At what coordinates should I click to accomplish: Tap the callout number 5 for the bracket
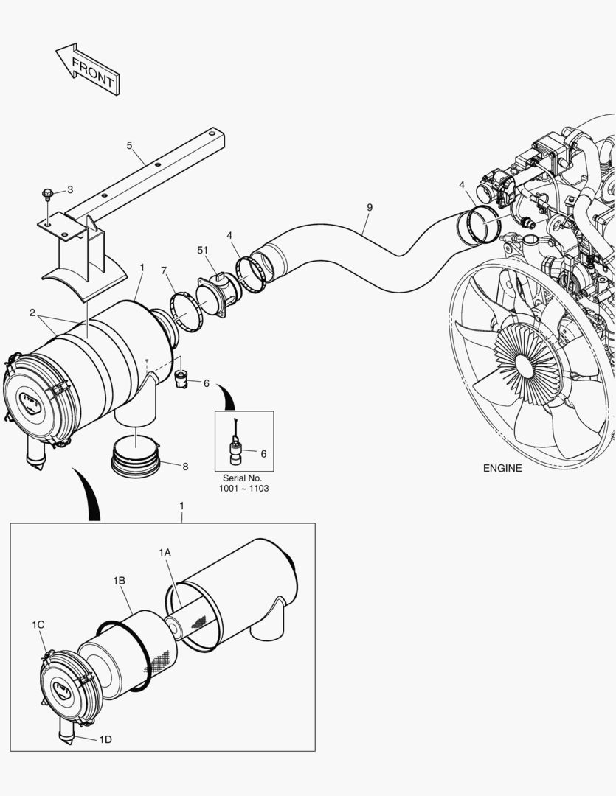point(129,145)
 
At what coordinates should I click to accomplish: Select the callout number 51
point(202,251)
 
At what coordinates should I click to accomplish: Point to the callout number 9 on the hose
point(369,208)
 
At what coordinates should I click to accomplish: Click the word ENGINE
point(502,468)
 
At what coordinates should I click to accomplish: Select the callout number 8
point(184,466)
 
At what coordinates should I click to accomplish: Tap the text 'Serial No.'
point(243,478)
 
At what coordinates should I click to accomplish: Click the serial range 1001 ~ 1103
point(243,489)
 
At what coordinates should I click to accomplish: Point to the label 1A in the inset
point(165,551)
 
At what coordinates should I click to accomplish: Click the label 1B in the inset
point(119,581)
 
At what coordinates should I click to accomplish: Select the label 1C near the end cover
point(38,624)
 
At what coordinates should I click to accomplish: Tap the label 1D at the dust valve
point(105,739)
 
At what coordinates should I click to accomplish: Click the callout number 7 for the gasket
point(164,271)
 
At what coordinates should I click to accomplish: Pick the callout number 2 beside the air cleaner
point(32,312)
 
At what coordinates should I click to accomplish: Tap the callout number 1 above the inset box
point(181,506)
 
